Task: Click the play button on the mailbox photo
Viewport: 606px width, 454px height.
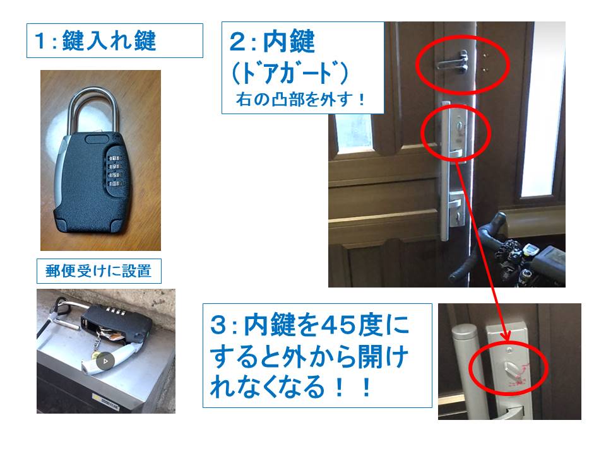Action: click(x=107, y=361)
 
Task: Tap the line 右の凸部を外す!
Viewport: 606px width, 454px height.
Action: click(x=301, y=100)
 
